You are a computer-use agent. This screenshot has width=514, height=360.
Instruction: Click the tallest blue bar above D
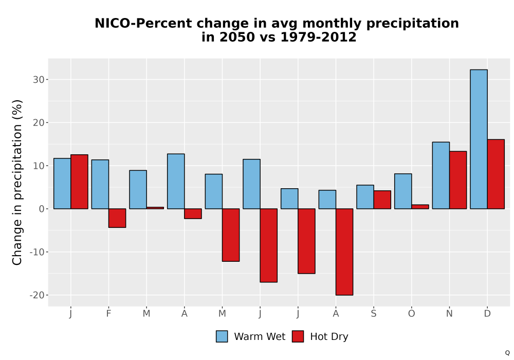[479, 139]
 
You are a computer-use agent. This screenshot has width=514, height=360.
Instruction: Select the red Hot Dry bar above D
[495, 174]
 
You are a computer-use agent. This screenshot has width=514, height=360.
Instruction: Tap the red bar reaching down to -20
[344, 252]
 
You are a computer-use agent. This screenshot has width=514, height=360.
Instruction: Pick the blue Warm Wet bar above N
[441, 175]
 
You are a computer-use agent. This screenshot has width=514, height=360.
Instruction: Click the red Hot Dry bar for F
[117, 218]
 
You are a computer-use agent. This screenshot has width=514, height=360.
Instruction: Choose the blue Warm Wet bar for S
[365, 197]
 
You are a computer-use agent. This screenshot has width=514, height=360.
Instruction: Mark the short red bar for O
[420, 207]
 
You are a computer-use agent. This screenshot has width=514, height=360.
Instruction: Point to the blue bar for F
[100, 184]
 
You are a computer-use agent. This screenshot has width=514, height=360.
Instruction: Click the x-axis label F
[108, 314]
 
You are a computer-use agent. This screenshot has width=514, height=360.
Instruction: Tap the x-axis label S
[374, 314]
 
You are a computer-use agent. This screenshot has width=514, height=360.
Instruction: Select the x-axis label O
[411, 314]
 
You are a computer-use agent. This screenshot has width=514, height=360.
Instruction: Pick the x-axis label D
[487, 314]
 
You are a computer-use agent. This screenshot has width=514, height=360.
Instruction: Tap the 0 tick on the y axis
[42, 209]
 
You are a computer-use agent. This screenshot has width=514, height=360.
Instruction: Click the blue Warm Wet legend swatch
[222, 336]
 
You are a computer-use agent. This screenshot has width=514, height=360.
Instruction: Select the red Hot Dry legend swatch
[298, 336]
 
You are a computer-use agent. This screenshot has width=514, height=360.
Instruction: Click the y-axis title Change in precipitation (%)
[17, 182]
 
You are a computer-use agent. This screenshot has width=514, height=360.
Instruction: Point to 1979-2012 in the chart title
[318, 37]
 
